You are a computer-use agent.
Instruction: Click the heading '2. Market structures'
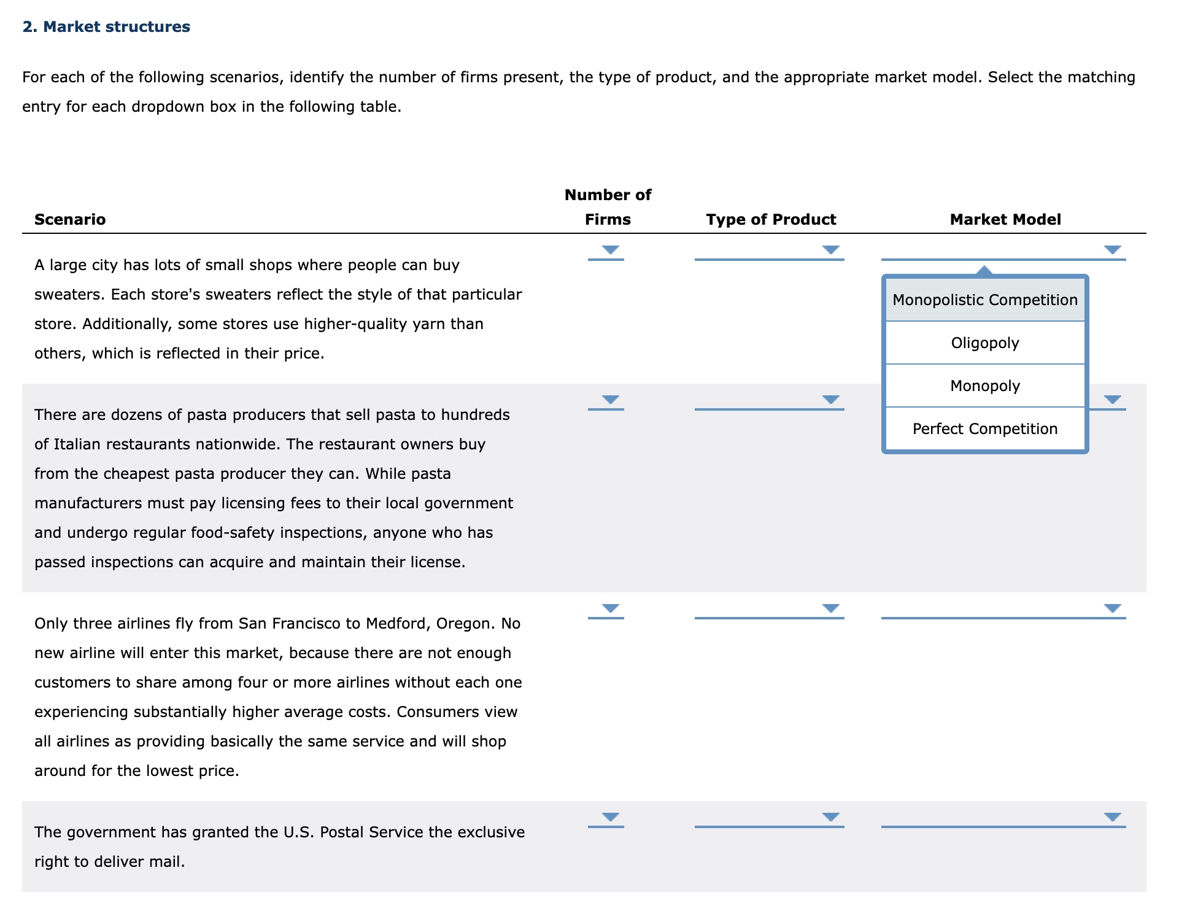(106, 27)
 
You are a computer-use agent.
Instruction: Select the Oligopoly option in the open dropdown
(984, 343)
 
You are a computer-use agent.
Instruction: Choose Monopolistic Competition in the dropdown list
(984, 300)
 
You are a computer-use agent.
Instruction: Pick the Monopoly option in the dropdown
(984, 386)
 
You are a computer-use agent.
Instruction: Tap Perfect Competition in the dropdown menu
(984, 428)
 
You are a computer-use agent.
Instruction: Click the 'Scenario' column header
(70, 219)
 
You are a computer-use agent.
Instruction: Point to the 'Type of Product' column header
(770, 219)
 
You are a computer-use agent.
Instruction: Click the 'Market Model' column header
(1005, 219)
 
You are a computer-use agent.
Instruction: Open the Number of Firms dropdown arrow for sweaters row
(609, 250)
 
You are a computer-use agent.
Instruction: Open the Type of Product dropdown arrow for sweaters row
(830, 250)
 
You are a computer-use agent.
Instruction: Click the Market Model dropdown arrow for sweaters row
(1112, 250)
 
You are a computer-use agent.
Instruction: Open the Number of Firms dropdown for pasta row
(609, 400)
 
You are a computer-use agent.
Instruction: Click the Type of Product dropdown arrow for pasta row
(830, 400)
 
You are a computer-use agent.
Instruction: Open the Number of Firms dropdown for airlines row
(609, 608)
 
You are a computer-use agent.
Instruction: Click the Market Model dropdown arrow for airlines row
(1112, 608)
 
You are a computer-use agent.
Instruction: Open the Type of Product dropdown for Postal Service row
(830, 817)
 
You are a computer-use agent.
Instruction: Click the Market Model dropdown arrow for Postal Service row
(1112, 817)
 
